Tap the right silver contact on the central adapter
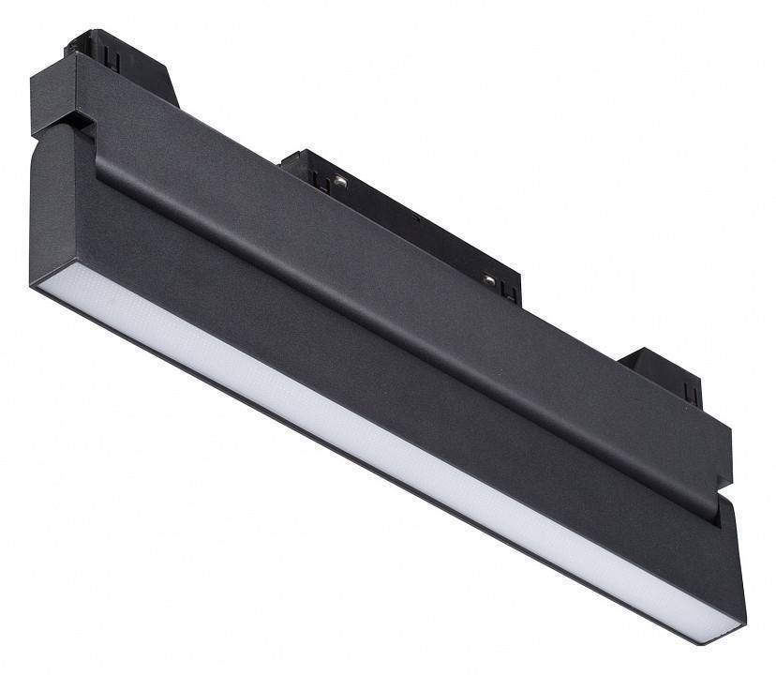[487, 278]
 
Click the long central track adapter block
[403, 216]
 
